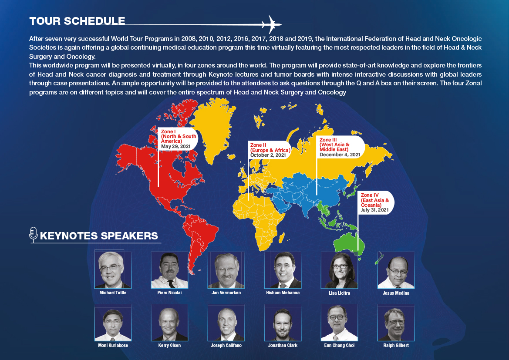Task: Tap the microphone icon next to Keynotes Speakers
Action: coord(34,234)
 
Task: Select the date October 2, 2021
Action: coord(268,155)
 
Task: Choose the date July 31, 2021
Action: coord(374,210)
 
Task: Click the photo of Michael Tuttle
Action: coord(113,270)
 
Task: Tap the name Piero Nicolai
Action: coord(169,293)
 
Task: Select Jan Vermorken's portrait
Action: coord(226,270)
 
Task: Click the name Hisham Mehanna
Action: coord(283,293)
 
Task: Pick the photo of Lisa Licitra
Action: coord(339,270)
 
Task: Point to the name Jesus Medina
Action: coord(396,293)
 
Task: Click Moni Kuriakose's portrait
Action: coord(113,323)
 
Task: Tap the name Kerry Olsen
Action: coord(169,345)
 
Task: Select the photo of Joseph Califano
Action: coord(226,323)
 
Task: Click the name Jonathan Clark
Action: coord(283,345)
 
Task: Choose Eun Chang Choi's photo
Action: coord(339,323)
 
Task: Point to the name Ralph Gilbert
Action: coord(396,345)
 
